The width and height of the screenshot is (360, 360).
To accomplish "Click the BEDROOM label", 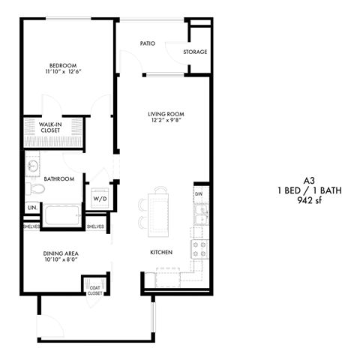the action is [63, 65].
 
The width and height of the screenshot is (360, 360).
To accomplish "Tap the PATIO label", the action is [148, 43].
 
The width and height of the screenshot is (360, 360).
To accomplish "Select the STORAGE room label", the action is [195, 52].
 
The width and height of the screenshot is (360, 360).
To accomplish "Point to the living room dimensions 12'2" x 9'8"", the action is [166, 120].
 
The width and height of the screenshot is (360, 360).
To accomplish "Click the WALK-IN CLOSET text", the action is [50, 127].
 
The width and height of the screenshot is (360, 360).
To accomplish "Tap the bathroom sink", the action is [33, 165].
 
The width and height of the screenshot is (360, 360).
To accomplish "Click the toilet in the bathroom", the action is [34, 189].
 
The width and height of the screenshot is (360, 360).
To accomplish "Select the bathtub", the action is [62, 215].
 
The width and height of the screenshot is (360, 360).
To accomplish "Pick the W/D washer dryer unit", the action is [100, 198].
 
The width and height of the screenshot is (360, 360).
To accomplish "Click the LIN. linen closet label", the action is [32, 208].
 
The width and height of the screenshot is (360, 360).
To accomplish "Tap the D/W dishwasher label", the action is [199, 194].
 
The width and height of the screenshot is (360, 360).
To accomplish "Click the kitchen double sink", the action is [202, 214].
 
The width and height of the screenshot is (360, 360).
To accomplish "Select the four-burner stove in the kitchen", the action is [200, 250].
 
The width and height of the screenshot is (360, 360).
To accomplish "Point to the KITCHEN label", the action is [161, 253].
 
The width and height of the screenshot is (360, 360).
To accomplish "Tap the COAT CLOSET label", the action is [94, 290].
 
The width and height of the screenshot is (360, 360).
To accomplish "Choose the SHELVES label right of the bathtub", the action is [95, 226].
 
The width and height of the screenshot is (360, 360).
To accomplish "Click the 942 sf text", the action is [309, 200].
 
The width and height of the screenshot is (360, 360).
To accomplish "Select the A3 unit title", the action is [309, 181].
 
